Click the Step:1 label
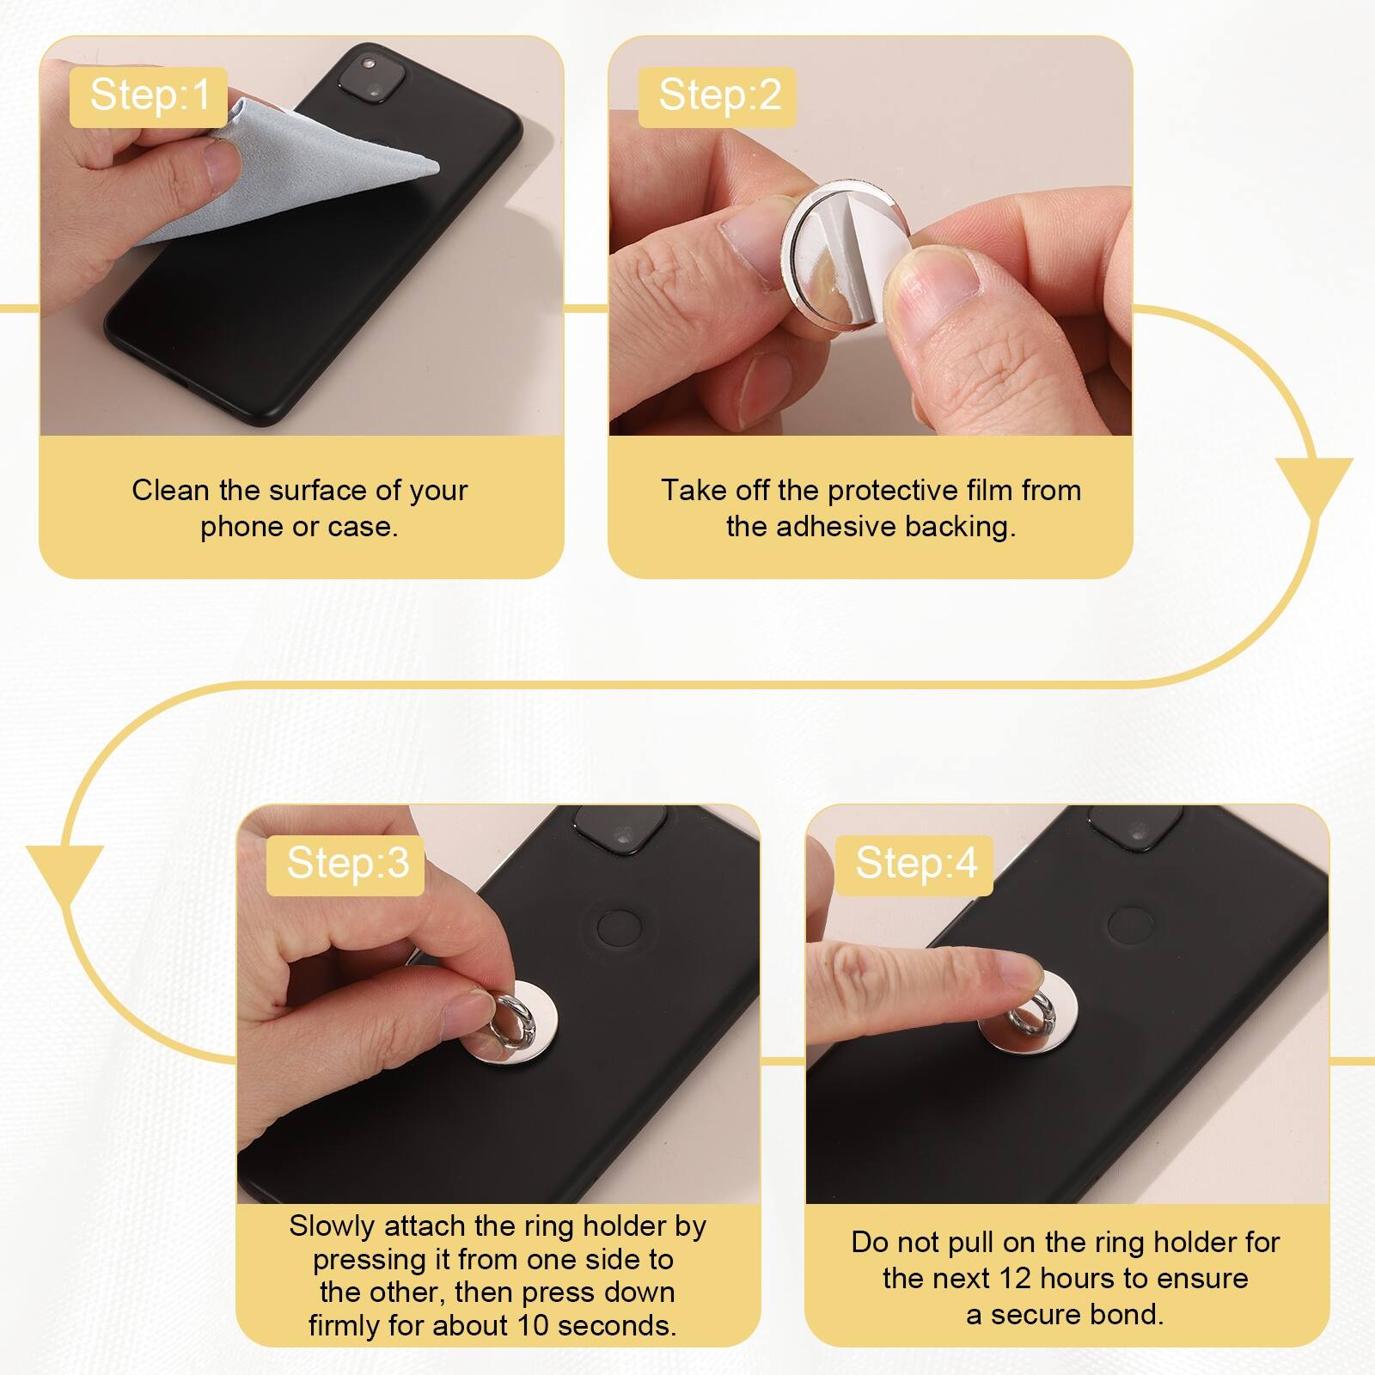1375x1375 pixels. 150,95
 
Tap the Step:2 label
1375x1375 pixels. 719,95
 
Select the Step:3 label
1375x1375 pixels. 347,863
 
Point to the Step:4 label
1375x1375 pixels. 916,863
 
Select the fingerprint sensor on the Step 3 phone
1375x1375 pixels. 619,927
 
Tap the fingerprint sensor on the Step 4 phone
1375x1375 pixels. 1131,925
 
